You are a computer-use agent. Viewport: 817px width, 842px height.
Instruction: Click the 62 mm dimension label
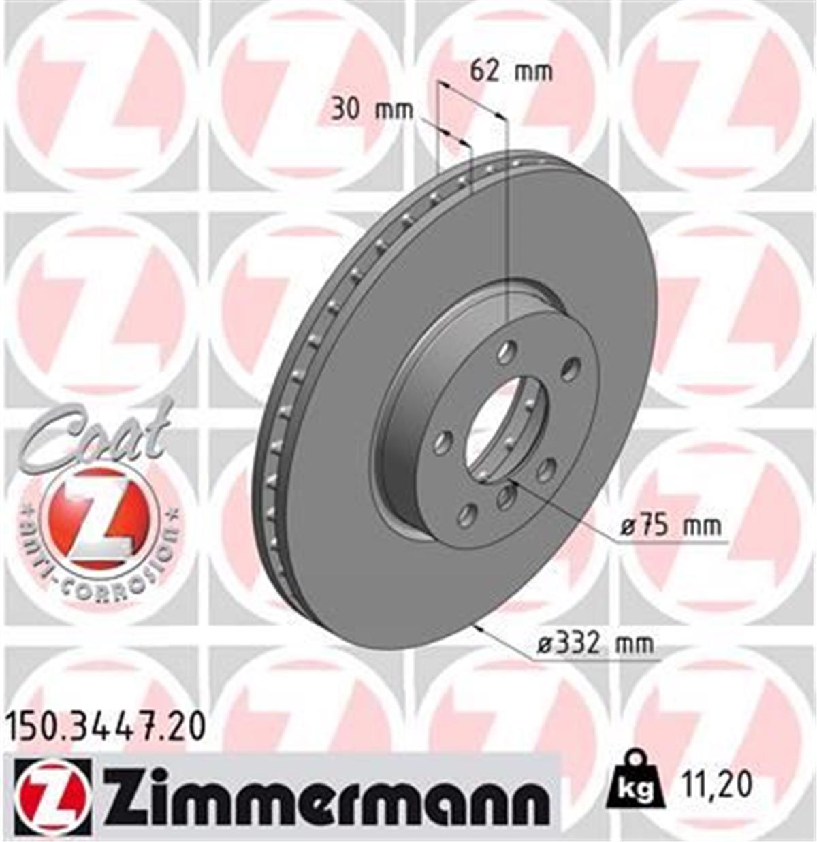(511, 71)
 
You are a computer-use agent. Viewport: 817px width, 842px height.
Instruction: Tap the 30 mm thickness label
(372, 110)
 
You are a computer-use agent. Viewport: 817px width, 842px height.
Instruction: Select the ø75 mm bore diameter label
(670, 526)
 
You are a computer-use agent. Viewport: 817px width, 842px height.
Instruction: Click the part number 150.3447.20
(105, 727)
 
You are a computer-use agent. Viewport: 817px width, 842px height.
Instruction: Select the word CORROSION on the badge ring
(116, 583)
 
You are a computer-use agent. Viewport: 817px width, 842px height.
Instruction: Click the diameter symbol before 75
(628, 527)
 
